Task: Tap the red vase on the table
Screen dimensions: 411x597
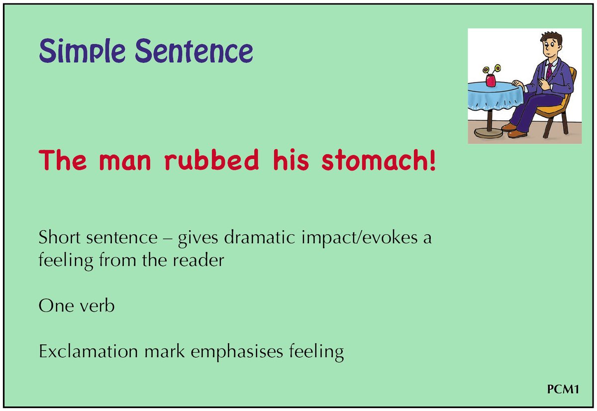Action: pos(491,80)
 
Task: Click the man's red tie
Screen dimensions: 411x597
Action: pos(549,71)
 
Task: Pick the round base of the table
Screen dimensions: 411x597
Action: pos(488,133)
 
